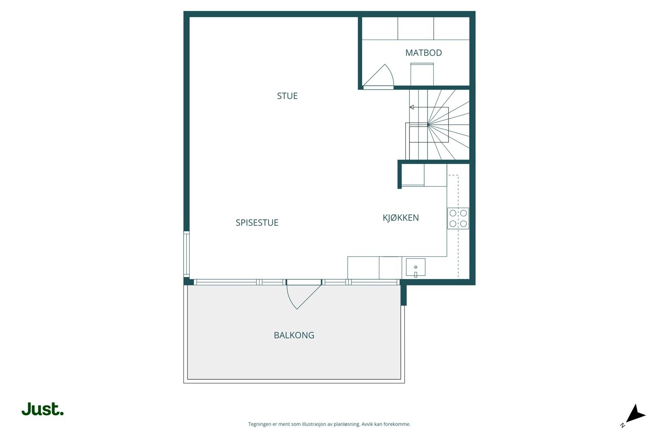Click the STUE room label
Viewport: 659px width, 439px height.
[287, 96]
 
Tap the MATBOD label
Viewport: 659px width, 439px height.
[423, 53]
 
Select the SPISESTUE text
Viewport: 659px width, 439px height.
[257, 223]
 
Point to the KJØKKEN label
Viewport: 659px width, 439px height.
[401, 218]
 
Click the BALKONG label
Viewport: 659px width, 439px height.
[294, 335]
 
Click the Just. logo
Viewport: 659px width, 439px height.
[43, 409]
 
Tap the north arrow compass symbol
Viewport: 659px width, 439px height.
[635, 414]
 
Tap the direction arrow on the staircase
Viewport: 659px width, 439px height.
[411, 107]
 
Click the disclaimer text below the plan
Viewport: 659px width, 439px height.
[329, 424]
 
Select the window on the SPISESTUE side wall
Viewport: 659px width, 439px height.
[187, 254]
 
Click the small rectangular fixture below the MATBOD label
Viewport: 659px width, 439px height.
[422, 74]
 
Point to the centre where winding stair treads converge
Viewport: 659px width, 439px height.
[428, 124]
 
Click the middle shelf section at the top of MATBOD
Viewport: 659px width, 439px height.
[416, 28]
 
